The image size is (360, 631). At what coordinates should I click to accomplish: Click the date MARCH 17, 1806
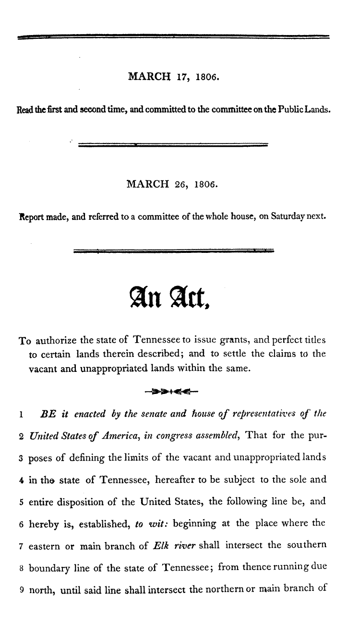[173, 76]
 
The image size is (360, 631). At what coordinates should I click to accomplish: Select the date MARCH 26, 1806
[172, 183]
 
